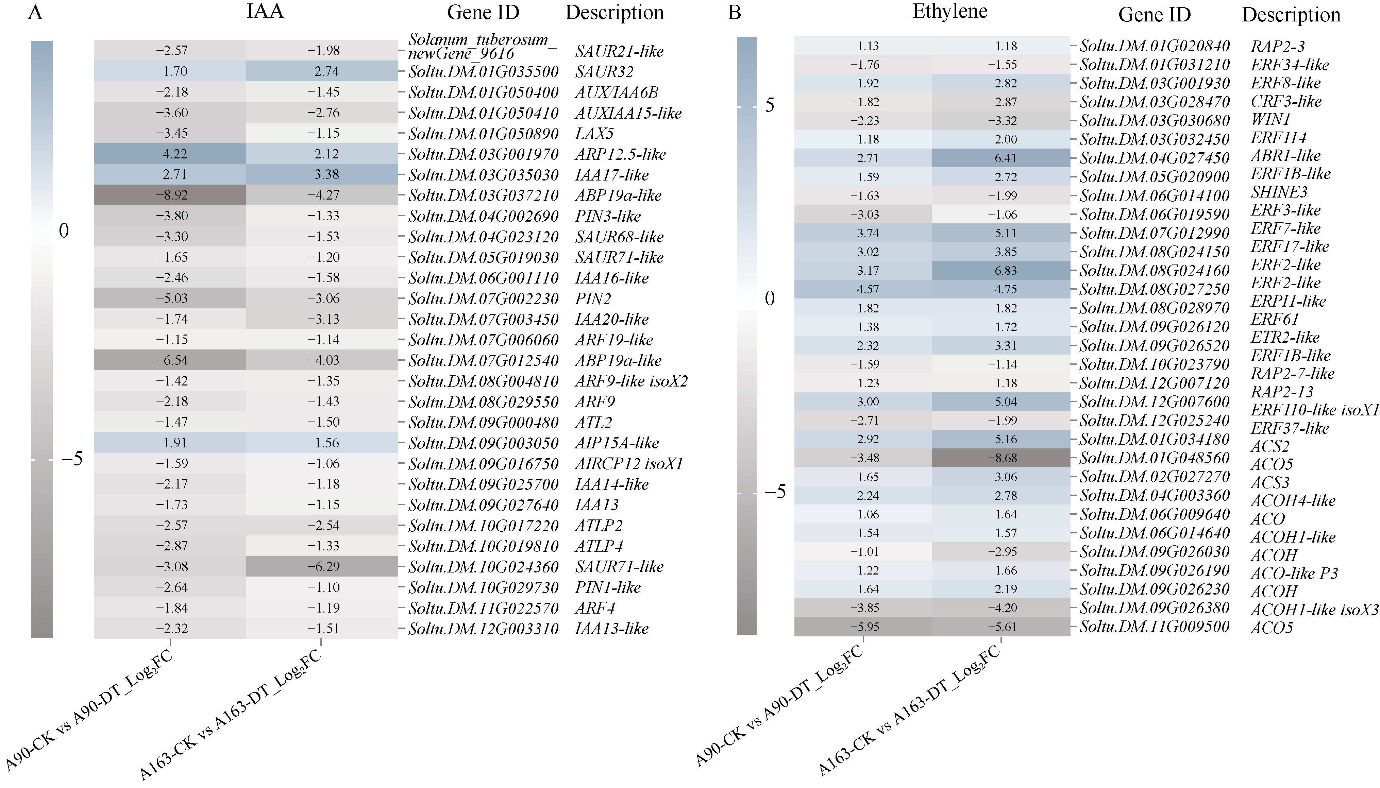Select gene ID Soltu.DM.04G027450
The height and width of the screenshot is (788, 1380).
pos(1154,158)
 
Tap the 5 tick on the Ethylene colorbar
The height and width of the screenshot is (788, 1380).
pos(769,105)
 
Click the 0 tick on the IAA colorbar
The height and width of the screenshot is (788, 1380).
pos(64,231)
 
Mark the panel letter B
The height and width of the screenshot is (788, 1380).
pos(734,12)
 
